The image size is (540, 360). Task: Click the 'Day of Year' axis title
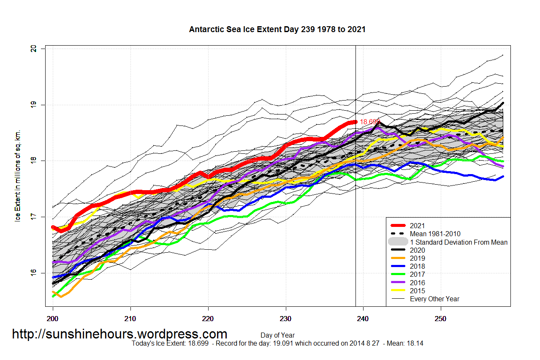point(277,335)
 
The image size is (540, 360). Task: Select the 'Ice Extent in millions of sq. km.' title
point(18,175)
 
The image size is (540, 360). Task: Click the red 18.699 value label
point(370,122)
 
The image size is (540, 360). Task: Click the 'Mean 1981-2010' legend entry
point(435,234)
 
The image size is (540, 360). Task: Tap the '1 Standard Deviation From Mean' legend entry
point(459,242)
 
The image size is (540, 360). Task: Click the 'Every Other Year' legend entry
point(434,299)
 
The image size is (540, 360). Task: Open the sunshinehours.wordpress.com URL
point(119,334)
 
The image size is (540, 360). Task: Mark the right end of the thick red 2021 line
point(355,122)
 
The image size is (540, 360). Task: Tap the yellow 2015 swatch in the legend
point(399,291)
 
